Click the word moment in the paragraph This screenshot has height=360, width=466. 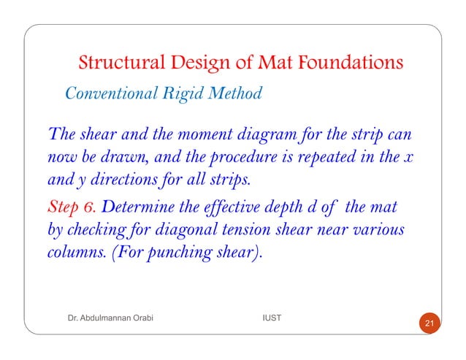coord(202,136)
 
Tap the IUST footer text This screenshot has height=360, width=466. coord(273,319)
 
